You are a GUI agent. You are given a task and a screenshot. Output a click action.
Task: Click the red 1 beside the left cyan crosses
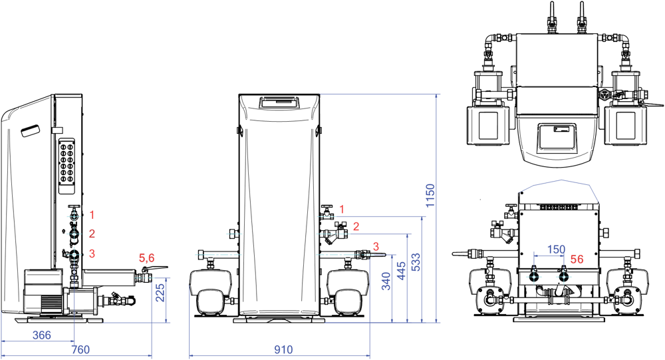point(92,215)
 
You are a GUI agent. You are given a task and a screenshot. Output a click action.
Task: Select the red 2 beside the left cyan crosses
point(92,234)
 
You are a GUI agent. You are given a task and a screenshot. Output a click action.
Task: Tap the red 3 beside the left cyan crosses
point(92,254)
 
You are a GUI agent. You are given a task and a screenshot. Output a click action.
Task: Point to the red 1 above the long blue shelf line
point(342,209)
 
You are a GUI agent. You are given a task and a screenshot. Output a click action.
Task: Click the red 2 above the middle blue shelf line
point(356,226)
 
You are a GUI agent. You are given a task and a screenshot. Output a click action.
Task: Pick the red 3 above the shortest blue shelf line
point(376,246)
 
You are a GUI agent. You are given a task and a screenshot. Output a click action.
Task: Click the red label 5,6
point(146,258)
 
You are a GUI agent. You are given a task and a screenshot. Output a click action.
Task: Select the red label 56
point(577,260)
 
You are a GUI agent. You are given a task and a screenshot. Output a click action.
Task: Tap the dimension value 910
point(283,349)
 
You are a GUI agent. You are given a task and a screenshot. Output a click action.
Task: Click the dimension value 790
point(80,349)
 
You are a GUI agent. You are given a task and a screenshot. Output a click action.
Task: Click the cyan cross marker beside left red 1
point(73,216)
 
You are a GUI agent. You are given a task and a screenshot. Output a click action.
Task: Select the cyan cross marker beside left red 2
point(73,234)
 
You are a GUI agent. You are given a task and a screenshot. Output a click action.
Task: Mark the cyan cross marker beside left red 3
point(74,254)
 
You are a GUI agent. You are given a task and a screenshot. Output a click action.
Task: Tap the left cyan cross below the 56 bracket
point(533,276)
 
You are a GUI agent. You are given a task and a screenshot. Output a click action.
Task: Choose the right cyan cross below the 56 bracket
point(564,276)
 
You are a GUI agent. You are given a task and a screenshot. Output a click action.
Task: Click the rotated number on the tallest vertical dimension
point(430,192)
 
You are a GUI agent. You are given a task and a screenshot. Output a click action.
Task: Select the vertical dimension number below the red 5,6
point(160,293)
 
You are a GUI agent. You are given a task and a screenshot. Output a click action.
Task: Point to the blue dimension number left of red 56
point(556,250)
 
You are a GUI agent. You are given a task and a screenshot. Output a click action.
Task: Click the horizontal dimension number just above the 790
point(42,335)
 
